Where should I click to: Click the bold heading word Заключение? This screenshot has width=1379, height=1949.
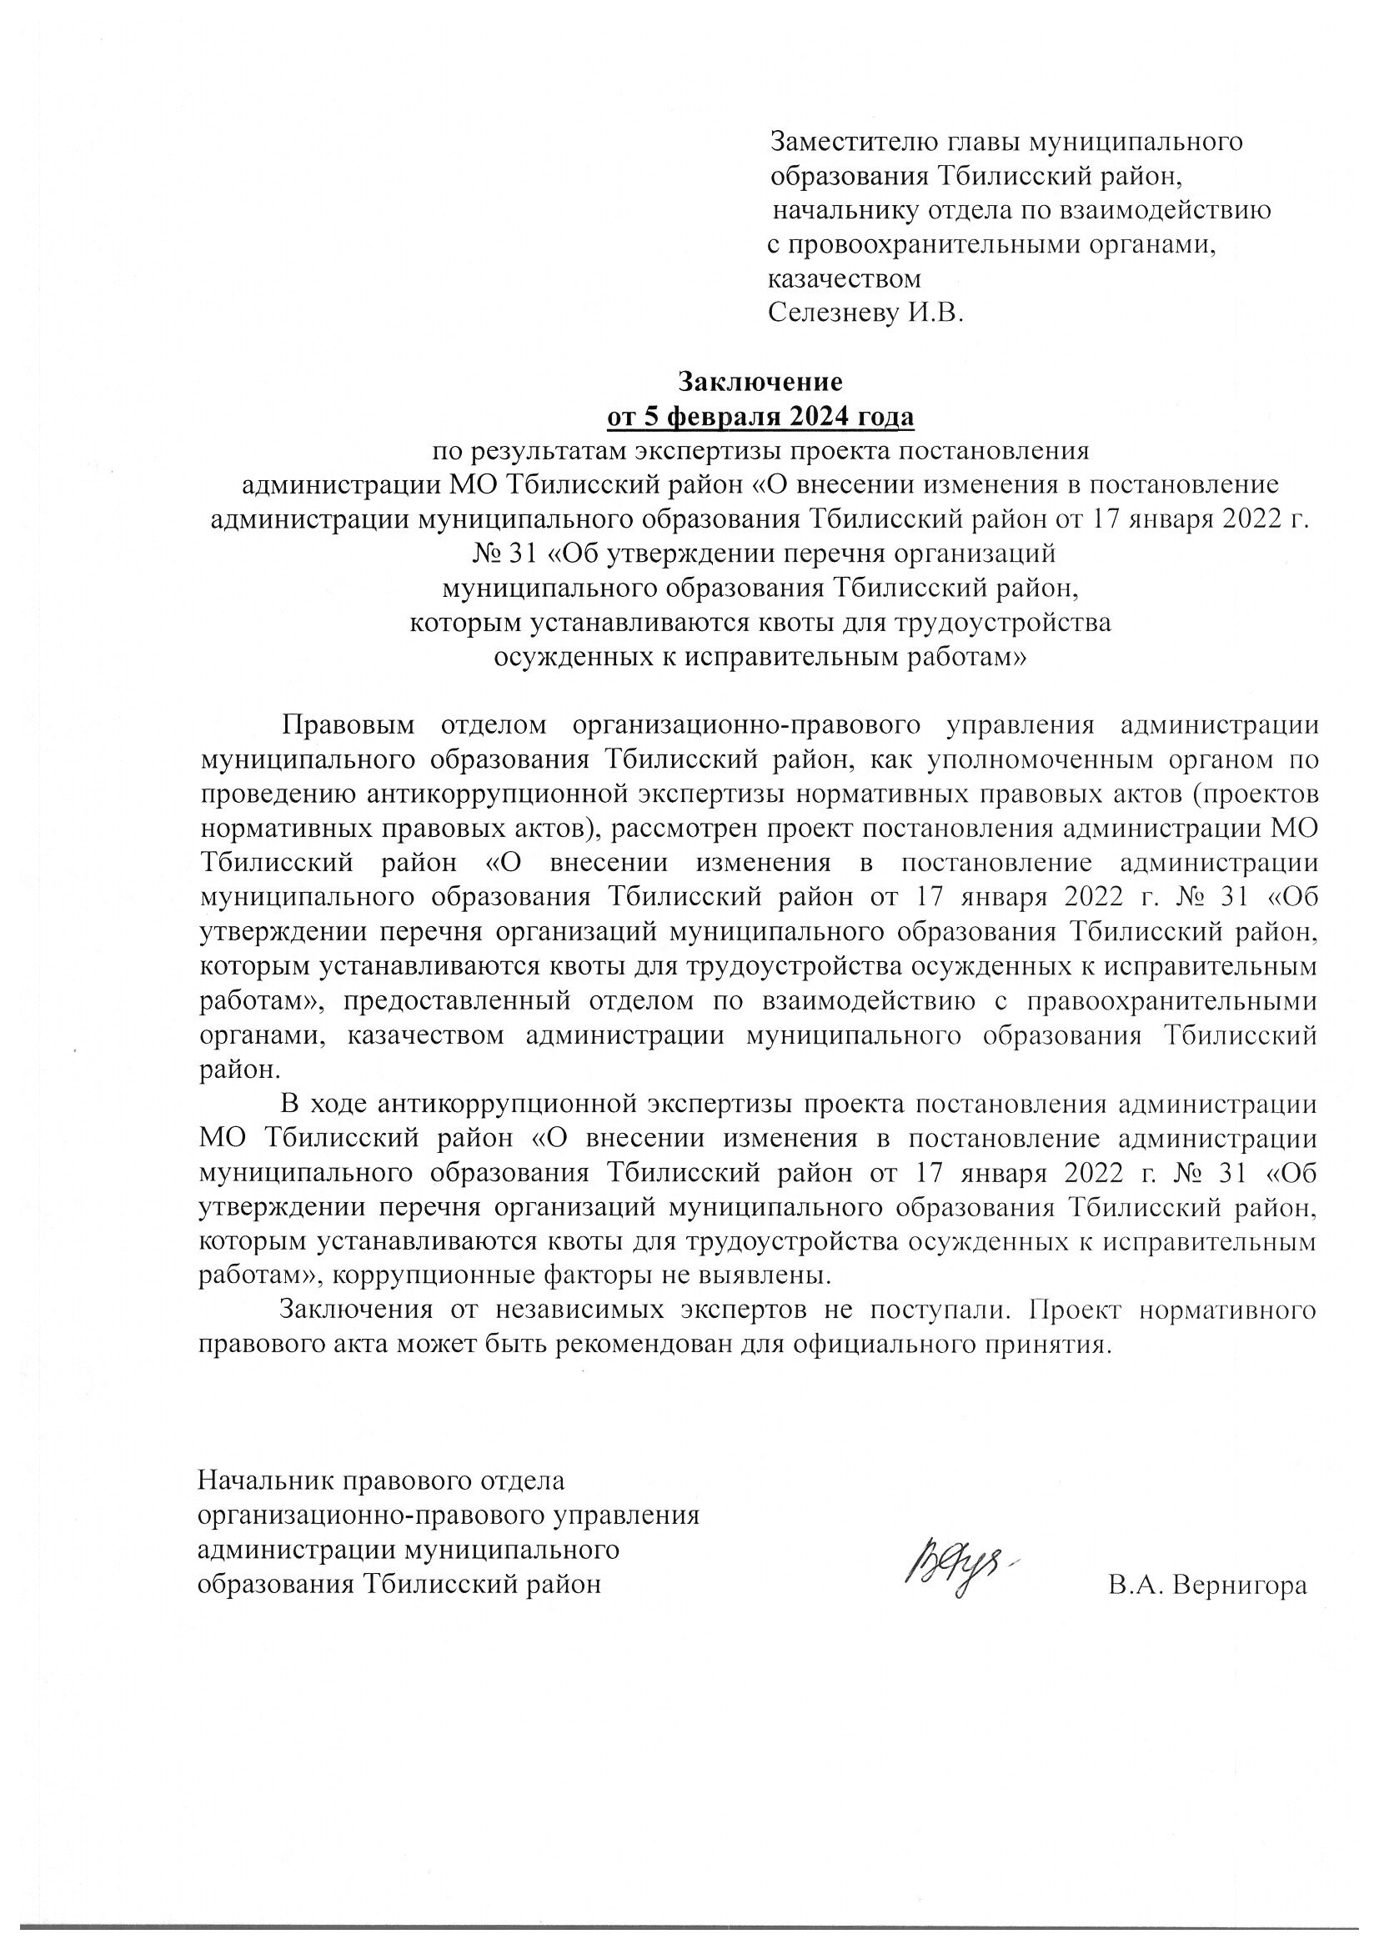(x=760, y=382)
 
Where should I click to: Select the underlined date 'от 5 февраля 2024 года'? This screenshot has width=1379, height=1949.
(x=760, y=417)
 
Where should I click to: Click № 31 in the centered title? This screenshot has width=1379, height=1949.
(x=503, y=554)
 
